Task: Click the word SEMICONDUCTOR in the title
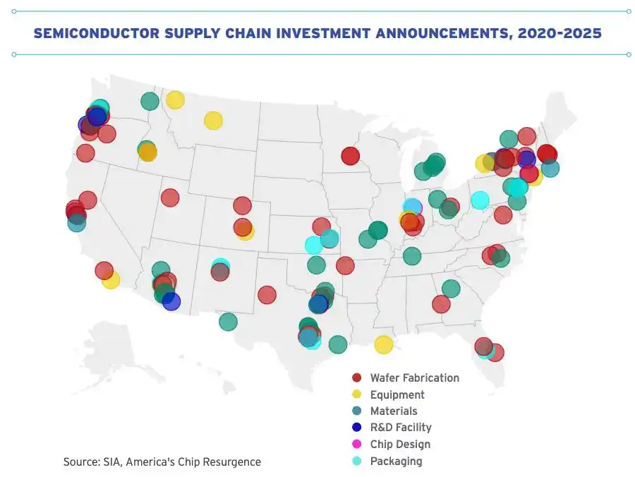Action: (97, 33)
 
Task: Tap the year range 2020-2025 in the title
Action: (560, 33)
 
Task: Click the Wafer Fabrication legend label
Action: (415, 378)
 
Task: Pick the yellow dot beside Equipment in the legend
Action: (357, 394)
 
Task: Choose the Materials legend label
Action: (394, 411)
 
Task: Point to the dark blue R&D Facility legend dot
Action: (357, 427)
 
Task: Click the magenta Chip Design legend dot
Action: (357, 445)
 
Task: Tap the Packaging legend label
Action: (396, 461)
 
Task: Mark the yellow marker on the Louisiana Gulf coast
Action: (384, 344)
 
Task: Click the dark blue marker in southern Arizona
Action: (171, 302)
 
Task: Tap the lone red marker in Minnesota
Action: (350, 156)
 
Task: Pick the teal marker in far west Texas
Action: (228, 322)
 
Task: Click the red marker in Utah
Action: (170, 198)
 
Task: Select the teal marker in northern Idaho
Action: (150, 101)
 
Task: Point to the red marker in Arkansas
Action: (345, 266)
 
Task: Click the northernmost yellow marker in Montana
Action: (175, 100)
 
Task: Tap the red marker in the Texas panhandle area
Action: (267, 295)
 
